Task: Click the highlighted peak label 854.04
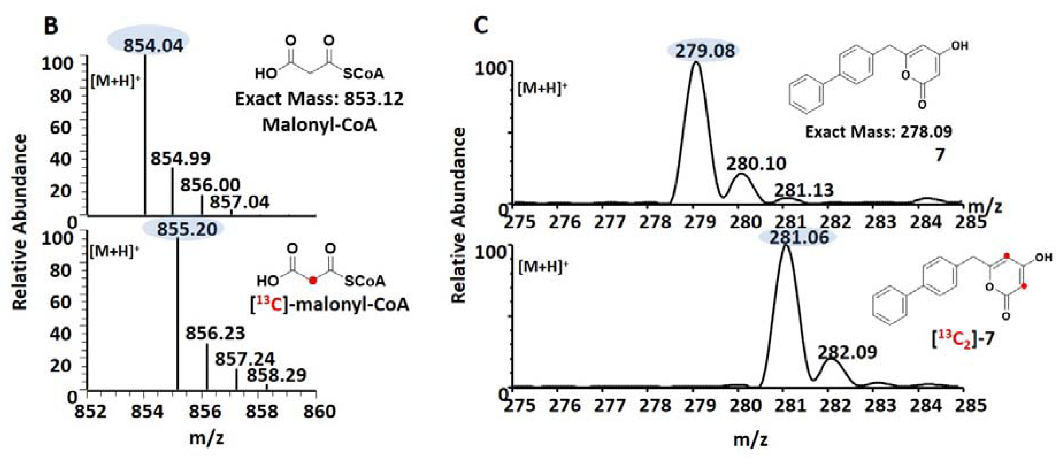click(x=153, y=45)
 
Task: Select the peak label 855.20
click(x=187, y=229)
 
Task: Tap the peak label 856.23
click(x=215, y=333)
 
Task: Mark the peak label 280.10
click(x=756, y=164)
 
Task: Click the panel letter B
click(x=51, y=26)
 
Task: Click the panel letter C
click(x=481, y=26)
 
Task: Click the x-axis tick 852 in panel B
click(x=91, y=412)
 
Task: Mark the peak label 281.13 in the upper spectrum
click(x=804, y=190)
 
